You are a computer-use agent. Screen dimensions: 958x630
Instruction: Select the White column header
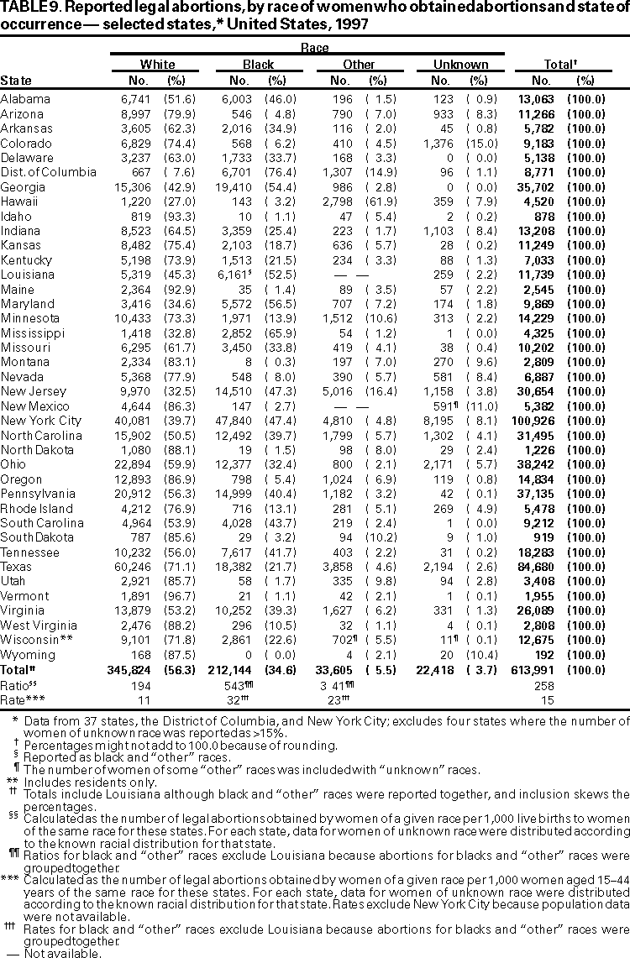157,64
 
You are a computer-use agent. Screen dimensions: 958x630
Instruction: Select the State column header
17,81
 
